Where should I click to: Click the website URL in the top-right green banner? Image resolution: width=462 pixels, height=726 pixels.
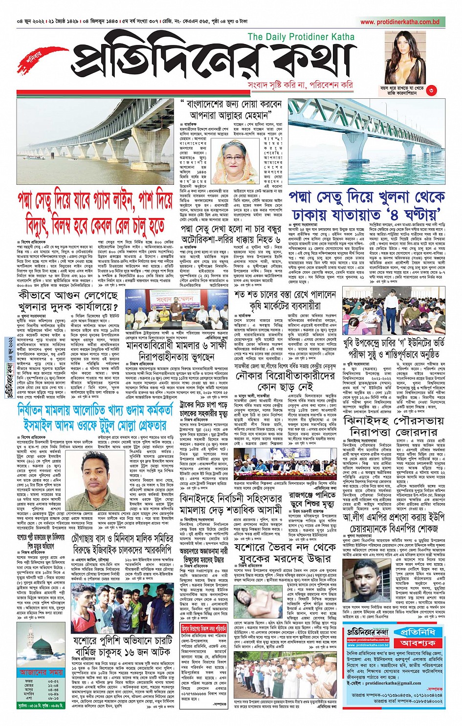[400, 22]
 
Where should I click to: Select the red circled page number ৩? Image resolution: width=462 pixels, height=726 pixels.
[431, 90]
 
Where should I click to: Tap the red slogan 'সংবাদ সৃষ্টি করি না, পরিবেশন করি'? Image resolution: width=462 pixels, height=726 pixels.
[300, 85]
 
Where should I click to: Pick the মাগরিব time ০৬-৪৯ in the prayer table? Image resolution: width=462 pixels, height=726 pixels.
[53, 694]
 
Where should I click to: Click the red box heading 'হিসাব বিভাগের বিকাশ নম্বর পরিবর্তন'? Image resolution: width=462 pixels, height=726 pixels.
[204, 629]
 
